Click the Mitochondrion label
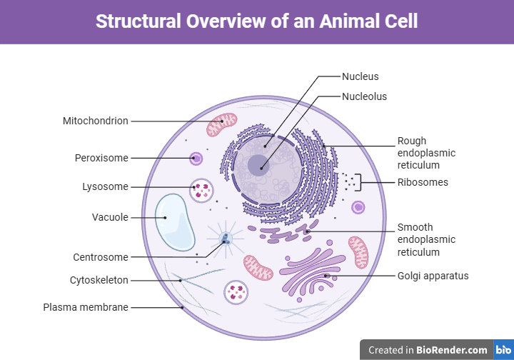pos(95,121)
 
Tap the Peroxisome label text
pos(101,157)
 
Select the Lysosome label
pos(105,187)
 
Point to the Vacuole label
pos(110,217)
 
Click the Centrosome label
pos(100,257)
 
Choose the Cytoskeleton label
pos(99,280)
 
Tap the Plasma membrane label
pos(86,307)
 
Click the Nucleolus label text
pos(364,96)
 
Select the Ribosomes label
pos(423,182)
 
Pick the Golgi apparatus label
pos(433,275)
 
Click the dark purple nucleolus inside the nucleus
pos(258,166)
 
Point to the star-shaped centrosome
pos(226,239)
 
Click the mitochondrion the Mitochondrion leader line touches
pos(222,124)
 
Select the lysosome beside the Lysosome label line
pos(202,190)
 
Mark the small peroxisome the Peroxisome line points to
pos(193,158)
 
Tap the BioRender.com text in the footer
pos(453,350)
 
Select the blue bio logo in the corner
pos(503,350)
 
